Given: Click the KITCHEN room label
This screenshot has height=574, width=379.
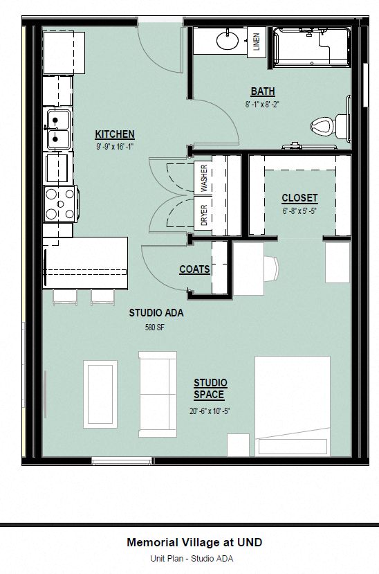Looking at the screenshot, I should pyautogui.click(x=115, y=134).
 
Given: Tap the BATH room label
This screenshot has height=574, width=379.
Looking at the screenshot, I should pyautogui.click(x=262, y=91).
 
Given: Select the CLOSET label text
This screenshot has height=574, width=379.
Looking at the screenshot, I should pyautogui.click(x=299, y=198).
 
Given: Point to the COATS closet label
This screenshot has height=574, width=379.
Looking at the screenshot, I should pyautogui.click(x=194, y=269).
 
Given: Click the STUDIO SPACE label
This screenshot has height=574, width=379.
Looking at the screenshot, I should pyautogui.click(x=210, y=388).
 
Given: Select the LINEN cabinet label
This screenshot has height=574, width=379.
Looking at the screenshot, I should pyautogui.click(x=256, y=42).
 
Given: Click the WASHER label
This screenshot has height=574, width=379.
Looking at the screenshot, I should pyautogui.click(x=204, y=178).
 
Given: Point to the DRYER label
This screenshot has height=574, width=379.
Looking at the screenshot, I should pyautogui.click(x=204, y=215).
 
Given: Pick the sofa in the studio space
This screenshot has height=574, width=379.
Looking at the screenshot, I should pyautogui.click(x=158, y=393).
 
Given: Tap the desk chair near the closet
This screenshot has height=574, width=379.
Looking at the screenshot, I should pyautogui.click(x=271, y=267).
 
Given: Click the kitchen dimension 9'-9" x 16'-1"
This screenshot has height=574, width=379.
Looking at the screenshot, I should pyautogui.click(x=115, y=147).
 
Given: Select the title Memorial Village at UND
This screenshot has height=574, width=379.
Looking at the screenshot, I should pyautogui.click(x=194, y=543).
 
